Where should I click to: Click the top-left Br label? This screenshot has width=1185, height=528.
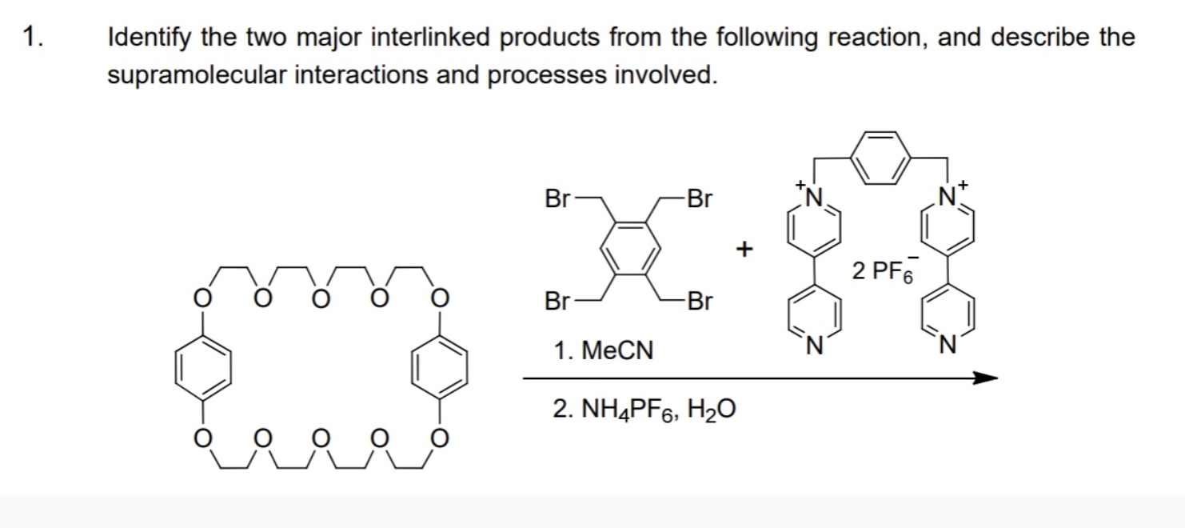tap(557, 198)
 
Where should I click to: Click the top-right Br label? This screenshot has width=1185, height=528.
tap(698, 198)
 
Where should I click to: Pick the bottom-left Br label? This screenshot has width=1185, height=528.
tap(557, 302)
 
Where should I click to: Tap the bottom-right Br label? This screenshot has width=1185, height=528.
tap(698, 302)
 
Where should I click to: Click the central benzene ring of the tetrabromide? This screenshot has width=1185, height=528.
tap(629, 250)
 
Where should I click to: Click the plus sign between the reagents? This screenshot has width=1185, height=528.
tap(744, 250)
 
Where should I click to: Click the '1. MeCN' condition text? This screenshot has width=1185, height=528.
tap(604, 350)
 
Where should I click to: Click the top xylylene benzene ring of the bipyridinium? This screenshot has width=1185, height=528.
tap(882, 156)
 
